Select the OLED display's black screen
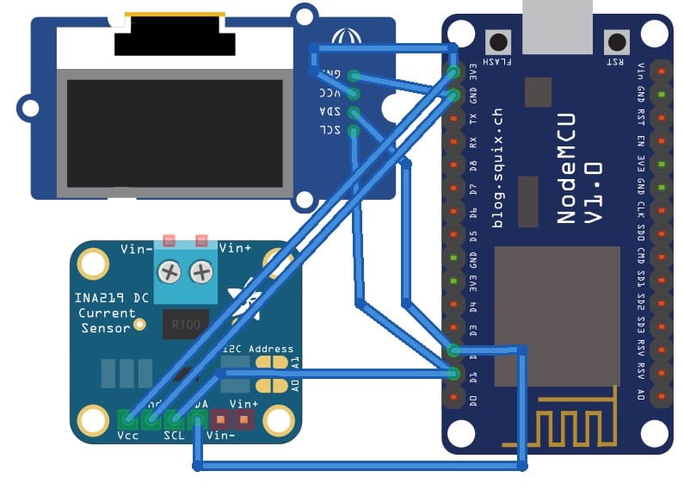(x=175, y=133)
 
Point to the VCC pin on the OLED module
(x=353, y=93)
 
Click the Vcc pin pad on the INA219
(x=127, y=420)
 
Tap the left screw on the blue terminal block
(x=171, y=273)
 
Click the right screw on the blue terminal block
(x=201, y=273)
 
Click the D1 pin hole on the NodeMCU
(x=453, y=375)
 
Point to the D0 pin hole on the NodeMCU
(x=453, y=398)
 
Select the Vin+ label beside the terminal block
(x=235, y=249)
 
